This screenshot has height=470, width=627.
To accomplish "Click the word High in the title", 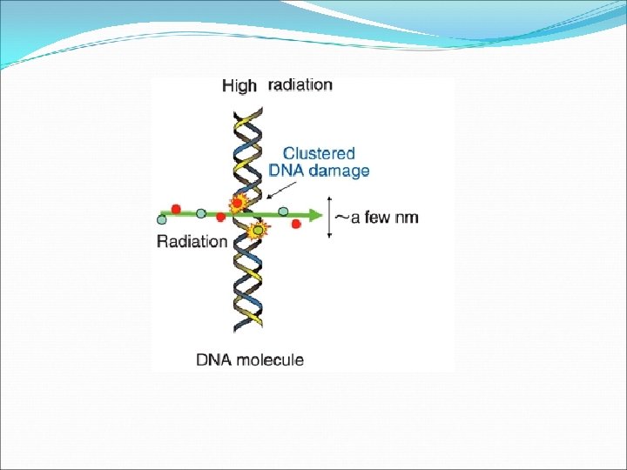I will pos(239,85).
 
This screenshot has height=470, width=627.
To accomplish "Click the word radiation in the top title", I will pos(300,84).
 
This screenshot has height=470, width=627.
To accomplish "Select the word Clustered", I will pos(319,153).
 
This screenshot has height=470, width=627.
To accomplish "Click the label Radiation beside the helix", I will pos(192,241).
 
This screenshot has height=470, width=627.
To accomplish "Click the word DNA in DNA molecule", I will pos(212,359).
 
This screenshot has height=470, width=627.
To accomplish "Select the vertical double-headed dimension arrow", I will pos(330,218).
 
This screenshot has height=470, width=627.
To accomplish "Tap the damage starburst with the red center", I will pos(236,203).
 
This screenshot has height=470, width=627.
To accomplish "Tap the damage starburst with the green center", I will pos(257,231).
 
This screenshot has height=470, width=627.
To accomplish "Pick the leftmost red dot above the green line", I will pos(176,209).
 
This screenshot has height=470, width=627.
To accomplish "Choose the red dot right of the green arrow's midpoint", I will pos(296,225).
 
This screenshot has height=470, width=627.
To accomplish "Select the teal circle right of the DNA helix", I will pos(283,211).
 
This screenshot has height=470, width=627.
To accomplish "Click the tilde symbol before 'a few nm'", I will pos(343,216).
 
